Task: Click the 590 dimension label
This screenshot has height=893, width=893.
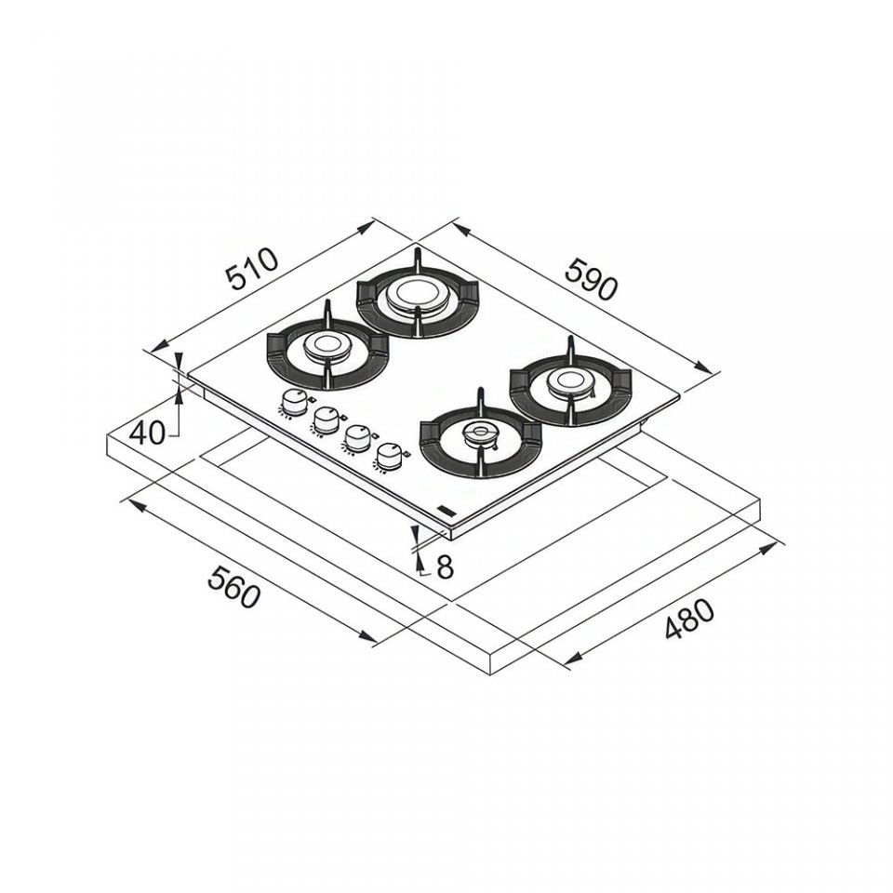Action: (x=592, y=278)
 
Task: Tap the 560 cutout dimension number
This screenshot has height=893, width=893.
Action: (x=234, y=587)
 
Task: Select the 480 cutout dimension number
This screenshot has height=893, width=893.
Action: (x=689, y=619)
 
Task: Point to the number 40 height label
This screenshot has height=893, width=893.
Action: (x=147, y=434)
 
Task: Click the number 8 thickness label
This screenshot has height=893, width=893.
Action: (x=445, y=566)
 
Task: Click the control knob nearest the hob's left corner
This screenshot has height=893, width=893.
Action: (x=293, y=403)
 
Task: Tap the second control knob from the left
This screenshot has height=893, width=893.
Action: (x=326, y=420)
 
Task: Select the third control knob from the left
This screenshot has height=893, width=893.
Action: (x=357, y=438)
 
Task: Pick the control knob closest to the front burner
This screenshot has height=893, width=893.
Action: (x=389, y=455)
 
